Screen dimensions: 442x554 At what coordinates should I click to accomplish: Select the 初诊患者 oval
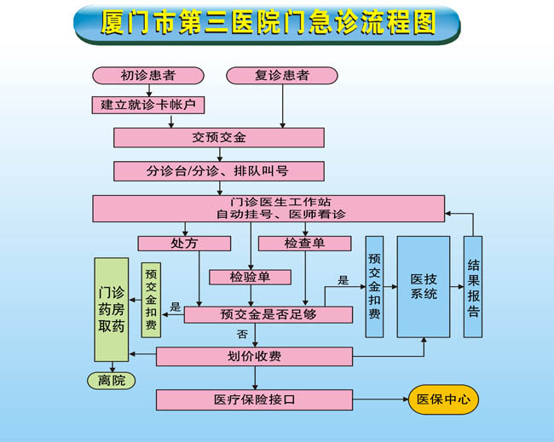pyautogui.click(x=147, y=76)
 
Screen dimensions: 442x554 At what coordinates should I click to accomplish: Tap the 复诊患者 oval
pyautogui.click(x=281, y=76)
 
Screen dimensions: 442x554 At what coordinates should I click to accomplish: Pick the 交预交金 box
pyautogui.click(x=219, y=137)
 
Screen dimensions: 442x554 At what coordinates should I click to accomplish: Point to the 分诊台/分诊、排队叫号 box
pyautogui.click(x=219, y=170)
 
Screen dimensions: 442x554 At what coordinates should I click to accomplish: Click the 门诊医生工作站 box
pyautogui.click(x=268, y=209)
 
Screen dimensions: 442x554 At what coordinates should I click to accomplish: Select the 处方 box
pyautogui.click(x=184, y=243)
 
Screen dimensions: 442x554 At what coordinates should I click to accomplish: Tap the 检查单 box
pyautogui.click(x=304, y=243)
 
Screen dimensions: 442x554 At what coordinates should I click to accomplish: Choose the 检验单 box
pyautogui.click(x=251, y=277)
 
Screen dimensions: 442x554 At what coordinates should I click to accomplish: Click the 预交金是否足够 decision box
pyautogui.click(x=268, y=315)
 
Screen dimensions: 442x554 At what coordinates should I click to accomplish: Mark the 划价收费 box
pyautogui.click(x=254, y=356)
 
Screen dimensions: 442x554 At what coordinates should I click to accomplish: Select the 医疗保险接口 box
pyautogui.click(x=254, y=399)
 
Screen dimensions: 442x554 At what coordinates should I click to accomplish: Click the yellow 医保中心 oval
pyautogui.click(x=443, y=399)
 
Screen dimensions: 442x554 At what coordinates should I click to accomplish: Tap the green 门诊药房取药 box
pyautogui.click(x=111, y=308)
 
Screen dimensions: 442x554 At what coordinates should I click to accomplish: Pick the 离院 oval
pyautogui.click(x=111, y=381)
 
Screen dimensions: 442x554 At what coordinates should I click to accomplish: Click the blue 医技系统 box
pyautogui.click(x=424, y=286)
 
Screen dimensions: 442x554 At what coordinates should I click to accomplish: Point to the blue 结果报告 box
pyautogui.click(x=473, y=286)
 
